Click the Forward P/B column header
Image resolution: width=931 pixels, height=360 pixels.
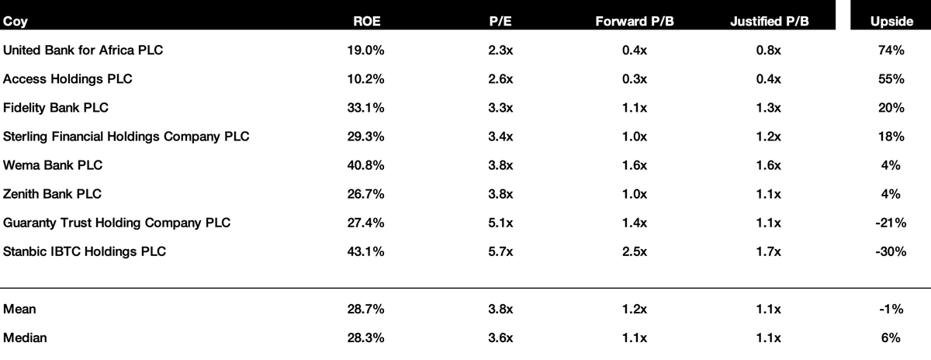pyautogui.click(x=635, y=21)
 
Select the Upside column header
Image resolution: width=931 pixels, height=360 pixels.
pyautogui.click(x=891, y=21)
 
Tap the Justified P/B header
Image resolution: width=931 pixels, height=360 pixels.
pyautogui.click(x=770, y=21)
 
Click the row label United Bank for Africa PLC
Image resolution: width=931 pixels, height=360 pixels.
pyautogui.click(x=83, y=50)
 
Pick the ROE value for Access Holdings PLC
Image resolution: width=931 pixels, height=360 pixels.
pyautogui.click(x=365, y=79)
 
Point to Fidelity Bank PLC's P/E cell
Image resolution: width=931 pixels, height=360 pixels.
pyautogui.click(x=500, y=108)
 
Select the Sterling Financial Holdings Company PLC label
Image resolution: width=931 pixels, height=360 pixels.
pyautogui.click(x=126, y=137)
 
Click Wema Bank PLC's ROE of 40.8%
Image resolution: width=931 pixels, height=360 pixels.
pyautogui.click(x=365, y=165)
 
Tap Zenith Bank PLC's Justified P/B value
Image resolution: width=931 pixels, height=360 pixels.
pyautogui.click(x=769, y=194)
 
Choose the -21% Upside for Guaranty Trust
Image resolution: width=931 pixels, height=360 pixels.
pyautogui.click(x=891, y=223)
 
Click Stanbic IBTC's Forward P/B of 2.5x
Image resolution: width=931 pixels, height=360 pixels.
pyautogui.click(x=635, y=251)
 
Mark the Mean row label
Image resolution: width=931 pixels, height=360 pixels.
pyautogui.click(x=19, y=309)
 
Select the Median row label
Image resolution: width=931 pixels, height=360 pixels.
pyautogui.click(x=25, y=337)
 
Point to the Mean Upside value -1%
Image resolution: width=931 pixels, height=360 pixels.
pyautogui.click(x=891, y=309)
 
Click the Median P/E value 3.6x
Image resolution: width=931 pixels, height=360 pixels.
pyautogui.click(x=500, y=337)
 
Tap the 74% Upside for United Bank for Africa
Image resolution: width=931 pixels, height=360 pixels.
pyautogui.click(x=891, y=50)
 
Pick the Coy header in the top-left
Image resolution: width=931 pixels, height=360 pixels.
pyautogui.click(x=16, y=22)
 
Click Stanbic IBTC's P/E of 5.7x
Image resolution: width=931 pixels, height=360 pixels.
pyautogui.click(x=500, y=251)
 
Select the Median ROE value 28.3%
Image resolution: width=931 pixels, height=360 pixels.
pyautogui.click(x=365, y=337)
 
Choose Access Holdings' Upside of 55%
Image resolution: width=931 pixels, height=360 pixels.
pyautogui.click(x=891, y=79)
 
